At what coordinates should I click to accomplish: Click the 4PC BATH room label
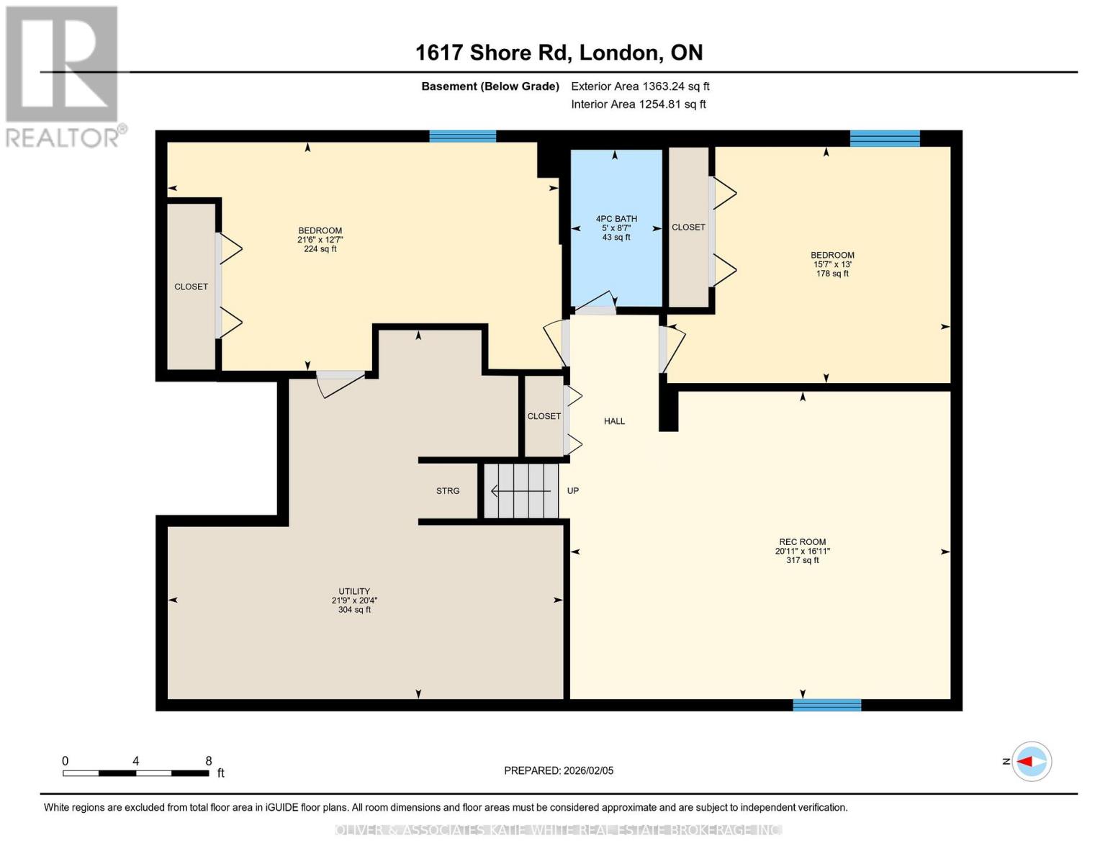616,219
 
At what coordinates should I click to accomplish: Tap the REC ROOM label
802,542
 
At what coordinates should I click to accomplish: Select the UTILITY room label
354,591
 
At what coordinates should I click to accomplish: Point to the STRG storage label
448,491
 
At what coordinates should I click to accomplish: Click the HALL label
614,421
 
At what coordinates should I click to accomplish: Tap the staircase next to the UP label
521,491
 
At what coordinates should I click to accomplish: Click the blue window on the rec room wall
826,705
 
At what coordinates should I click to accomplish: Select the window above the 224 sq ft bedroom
462,136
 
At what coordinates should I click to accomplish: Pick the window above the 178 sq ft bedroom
885,138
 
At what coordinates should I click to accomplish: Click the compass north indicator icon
1031,761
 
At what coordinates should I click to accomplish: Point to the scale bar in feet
136,773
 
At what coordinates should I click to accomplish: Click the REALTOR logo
63,76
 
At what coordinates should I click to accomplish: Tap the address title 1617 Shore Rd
559,53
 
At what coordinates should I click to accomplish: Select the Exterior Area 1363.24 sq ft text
640,86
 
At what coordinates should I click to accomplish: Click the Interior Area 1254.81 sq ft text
639,104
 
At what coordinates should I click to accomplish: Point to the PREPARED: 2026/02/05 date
559,770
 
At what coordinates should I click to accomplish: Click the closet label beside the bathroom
688,228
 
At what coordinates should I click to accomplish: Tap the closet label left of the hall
544,416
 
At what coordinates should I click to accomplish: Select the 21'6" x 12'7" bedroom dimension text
320,240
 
